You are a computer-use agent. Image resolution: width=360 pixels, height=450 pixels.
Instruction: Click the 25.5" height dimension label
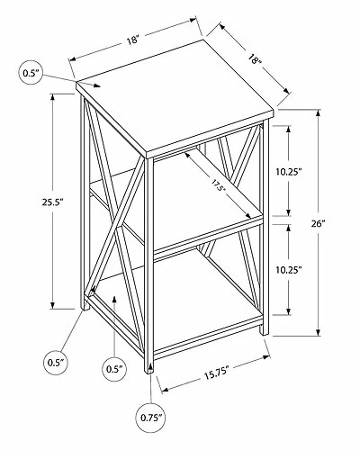pyautogui.click(x=53, y=202)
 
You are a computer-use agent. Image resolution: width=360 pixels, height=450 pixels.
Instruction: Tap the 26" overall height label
pyautogui.click(x=318, y=223)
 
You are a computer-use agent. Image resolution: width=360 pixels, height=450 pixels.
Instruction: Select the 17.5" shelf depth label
pyautogui.click(x=218, y=186)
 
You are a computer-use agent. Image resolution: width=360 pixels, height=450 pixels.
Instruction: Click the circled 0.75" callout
pyautogui.click(x=151, y=418)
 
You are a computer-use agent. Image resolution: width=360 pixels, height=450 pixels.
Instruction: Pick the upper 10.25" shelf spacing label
pyautogui.click(x=289, y=172)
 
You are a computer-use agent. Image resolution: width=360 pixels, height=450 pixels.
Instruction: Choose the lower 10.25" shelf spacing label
pyautogui.click(x=289, y=270)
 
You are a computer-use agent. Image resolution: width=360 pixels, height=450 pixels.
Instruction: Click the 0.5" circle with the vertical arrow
pyautogui.click(x=115, y=369)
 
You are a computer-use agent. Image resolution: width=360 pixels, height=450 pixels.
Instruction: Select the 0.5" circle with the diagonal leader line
pyautogui.click(x=56, y=363)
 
